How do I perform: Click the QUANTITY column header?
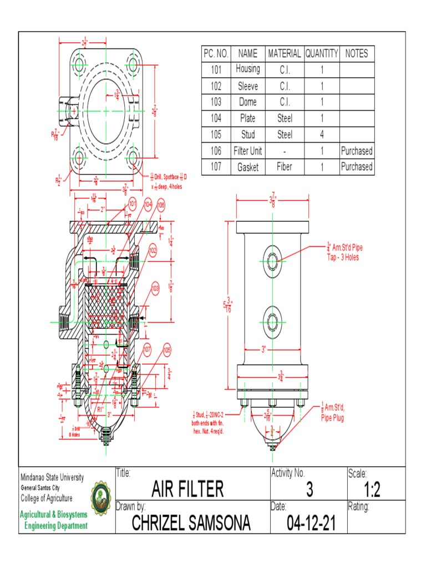(x=321, y=54)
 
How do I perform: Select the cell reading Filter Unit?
(x=247, y=151)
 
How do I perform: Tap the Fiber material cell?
(x=284, y=167)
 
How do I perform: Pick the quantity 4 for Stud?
(x=321, y=134)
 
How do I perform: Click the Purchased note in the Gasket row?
(x=357, y=167)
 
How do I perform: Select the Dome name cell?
(x=247, y=102)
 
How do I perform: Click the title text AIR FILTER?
(x=187, y=490)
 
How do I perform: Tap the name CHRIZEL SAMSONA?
(x=191, y=523)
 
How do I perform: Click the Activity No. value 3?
(x=309, y=490)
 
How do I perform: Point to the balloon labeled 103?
(x=155, y=288)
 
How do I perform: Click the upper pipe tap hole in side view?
(x=271, y=261)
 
